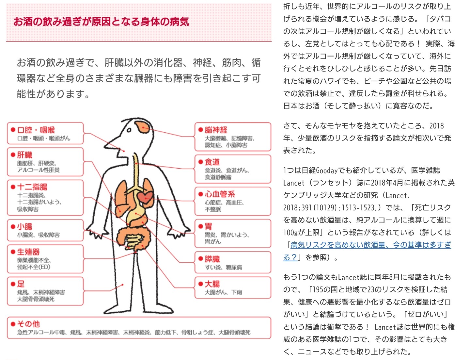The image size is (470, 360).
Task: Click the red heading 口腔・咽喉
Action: (36, 130)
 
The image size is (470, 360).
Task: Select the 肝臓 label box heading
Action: (25, 155)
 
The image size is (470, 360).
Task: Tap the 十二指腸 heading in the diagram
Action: (32, 187)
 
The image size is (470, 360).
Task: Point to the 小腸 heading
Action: (25, 226)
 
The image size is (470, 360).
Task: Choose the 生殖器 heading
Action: (28, 252)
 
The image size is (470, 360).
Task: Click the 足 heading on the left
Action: (21, 284)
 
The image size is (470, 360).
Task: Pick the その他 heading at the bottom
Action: (28, 324)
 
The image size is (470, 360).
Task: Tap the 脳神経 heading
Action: (216, 130)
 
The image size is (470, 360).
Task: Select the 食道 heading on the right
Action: (212, 162)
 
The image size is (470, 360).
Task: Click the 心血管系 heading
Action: (220, 194)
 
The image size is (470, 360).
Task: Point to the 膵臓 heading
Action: (212, 259)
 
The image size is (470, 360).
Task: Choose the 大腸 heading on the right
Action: (212, 284)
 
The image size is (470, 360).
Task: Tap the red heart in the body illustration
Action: (145, 197)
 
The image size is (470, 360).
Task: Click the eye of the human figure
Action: (130, 130)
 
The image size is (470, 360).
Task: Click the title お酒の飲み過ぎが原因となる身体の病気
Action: (101, 22)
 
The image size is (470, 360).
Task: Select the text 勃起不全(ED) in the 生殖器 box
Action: (34, 267)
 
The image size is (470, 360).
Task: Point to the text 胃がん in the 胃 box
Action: (213, 241)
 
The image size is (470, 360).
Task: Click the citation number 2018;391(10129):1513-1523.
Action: (330, 207)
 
